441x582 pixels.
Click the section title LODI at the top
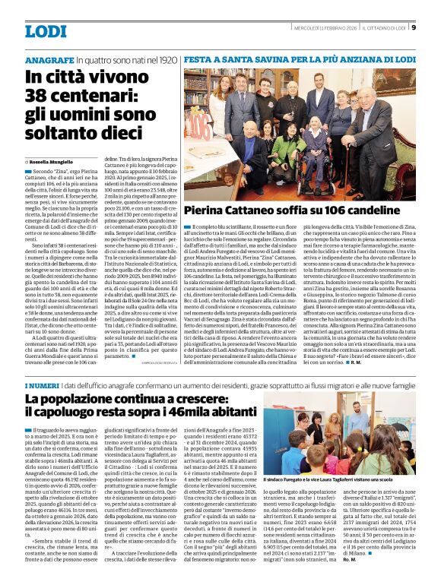click(x=46, y=31)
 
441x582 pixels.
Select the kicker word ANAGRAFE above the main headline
click(x=49, y=59)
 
